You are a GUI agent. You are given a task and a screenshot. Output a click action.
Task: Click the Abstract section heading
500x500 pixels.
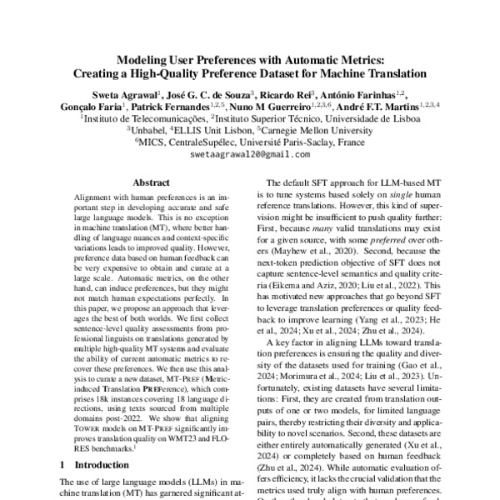(152, 182)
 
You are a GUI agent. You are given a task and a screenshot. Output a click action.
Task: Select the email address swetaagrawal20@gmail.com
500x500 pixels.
(249, 154)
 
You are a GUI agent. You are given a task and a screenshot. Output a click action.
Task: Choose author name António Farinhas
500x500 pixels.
(364, 94)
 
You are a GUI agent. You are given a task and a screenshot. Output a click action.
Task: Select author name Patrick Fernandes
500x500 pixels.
(172, 107)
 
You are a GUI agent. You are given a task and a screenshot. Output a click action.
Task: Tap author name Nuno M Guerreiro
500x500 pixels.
(267, 107)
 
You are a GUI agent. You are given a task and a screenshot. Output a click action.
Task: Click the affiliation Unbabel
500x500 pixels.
(148, 130)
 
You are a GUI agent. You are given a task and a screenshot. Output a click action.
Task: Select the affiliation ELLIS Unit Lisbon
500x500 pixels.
(213, 130)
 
